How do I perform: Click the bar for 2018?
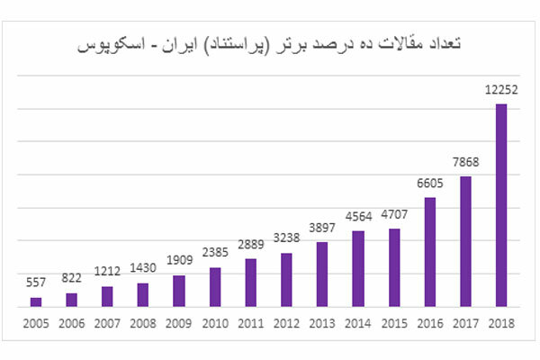501,206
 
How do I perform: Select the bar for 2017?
465,242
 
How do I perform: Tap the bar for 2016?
429,253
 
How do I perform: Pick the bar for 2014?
358,269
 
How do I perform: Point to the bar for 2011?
250,283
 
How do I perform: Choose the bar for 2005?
36,302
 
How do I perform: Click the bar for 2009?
179,292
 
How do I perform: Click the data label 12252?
501,92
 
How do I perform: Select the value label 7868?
465,164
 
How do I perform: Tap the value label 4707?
393,216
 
